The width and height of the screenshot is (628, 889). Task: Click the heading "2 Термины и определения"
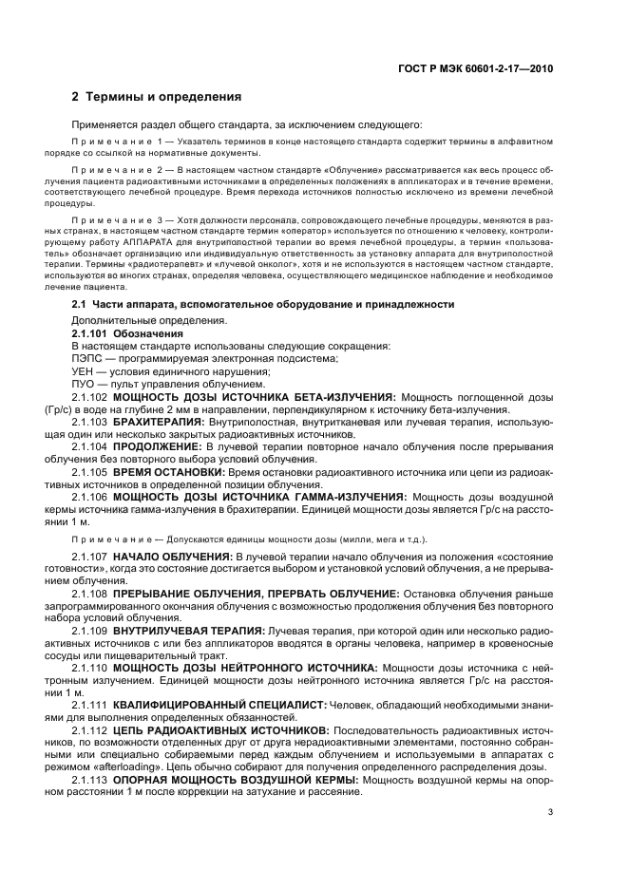click(156, 97)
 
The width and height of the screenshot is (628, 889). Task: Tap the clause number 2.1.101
click(90, 334)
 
